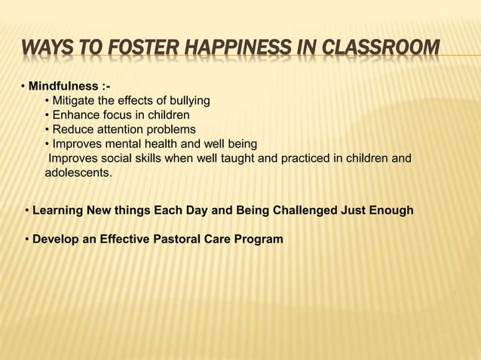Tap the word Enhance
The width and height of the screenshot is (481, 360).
[75, 115]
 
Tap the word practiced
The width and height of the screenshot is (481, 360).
[290, 158]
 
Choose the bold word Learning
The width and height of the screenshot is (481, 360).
[59, 210]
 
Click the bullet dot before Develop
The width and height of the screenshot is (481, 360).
[26, 239]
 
